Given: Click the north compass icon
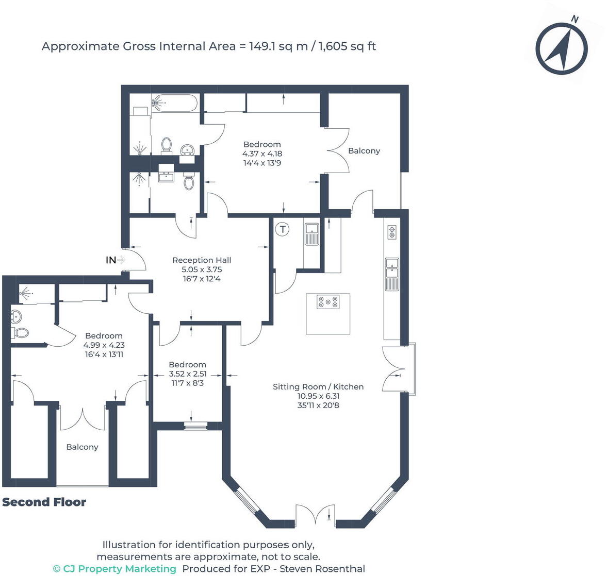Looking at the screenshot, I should click(561, 49).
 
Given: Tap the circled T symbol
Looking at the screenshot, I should click(283, 229).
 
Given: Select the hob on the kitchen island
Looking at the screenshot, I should click(328, 302).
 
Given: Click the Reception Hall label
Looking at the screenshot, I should click(202, 260).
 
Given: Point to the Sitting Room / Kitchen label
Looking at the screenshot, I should click(318, 386).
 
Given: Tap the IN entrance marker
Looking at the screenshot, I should click(111, 260).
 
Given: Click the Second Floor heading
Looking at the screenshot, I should click(44, 502).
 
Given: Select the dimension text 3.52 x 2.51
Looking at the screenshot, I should click(188, 374).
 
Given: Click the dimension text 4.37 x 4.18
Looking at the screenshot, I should click(262, 154).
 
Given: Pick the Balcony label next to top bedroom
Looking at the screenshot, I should click(364, 150).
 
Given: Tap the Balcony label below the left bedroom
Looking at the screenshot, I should click(82, 447).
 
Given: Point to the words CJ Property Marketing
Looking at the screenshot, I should click(119, 569).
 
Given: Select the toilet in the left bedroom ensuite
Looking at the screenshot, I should click(21, 333).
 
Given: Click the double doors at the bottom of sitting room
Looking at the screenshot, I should click(315, 515).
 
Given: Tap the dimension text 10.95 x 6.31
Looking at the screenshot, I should click(318, 396).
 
